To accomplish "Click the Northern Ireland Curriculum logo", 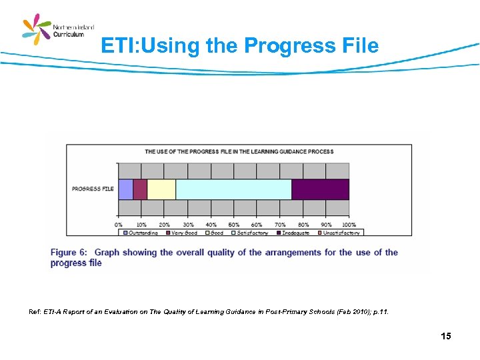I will [58, 31].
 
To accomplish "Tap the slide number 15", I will [445, 336].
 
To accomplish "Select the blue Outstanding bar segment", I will [125, 189].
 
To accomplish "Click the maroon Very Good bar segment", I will [140, 189].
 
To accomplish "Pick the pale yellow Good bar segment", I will [161, 189].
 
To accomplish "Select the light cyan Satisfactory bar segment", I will [233, 189].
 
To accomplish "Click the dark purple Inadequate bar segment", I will [320, 189].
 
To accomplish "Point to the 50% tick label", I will [234, 225].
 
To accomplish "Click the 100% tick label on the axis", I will [348, 225].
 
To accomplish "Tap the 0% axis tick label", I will [119, 225].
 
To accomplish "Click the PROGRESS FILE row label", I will [93, 189].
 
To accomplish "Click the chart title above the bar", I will [239, 151].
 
